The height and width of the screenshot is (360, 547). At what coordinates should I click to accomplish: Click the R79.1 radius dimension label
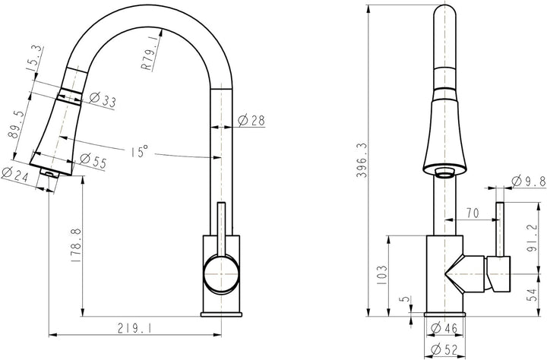point(150,54)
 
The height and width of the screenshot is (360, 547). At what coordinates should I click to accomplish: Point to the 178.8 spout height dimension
point(76,245)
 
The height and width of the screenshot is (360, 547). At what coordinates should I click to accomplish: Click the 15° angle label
point(139,151)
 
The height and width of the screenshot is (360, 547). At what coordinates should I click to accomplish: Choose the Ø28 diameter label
point(251,121)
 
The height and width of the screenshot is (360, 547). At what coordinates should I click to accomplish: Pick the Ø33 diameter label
point(103,99)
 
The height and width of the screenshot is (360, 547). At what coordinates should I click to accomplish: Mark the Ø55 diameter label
point(93,161)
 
